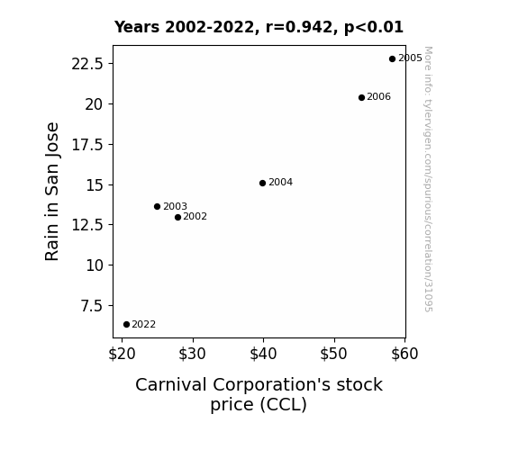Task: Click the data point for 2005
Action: tap(392, 59)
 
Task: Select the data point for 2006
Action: tap(361, 97)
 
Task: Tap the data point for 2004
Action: tap(263, 183)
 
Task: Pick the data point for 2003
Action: tap(158, 206)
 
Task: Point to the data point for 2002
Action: tap(177, 217)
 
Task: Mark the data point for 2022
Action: tap(126, 325)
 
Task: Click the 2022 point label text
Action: tap(144, 325)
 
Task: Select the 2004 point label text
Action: tap(280, 182)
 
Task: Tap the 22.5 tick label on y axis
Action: tap(87, 64)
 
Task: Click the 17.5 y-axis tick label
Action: tap(87, 145)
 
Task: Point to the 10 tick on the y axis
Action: tap(95, 265)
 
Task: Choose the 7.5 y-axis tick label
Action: tap(92, 306)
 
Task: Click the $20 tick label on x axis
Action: tap(122, 354)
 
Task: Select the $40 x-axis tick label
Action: tap(263, 354)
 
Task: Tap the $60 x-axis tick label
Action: tap(404, 354)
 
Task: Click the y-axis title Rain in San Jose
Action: tap(52, 192)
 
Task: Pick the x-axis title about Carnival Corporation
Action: tap(259, 394)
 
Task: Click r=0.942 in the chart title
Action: tap(299, 27)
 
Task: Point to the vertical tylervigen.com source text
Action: tap(428, 179)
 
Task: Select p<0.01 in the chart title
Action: tap(374, 27)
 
